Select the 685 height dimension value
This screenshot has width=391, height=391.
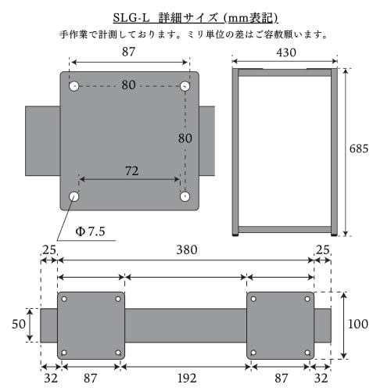coord(359,147)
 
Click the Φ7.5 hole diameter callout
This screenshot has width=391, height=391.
coord(89,231)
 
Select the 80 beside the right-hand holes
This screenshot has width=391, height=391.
coord(185,138)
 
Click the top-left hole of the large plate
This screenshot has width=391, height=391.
coord(74,85)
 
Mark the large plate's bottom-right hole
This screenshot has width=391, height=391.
coord(185,194)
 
